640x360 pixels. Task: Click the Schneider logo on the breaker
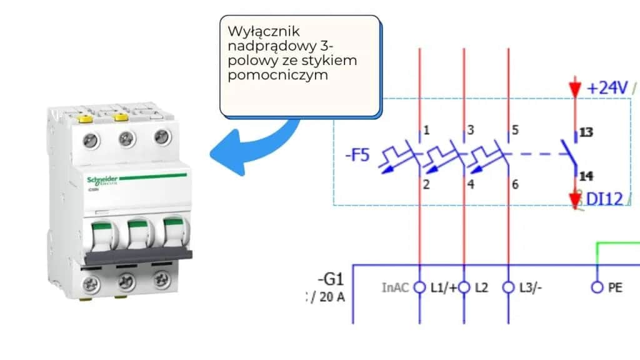pyautogui.click(x=102, y=180)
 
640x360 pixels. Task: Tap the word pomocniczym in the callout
pyautogui.click(x=269, y=75)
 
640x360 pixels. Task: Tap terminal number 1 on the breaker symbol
pyautogui.click(x=426, y=131)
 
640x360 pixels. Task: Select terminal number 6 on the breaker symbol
pyautogui.click(x=514, y=184)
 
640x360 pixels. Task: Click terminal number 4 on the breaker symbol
pyautogui.click(x=470, y=184)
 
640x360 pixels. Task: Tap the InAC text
pyautogui.click(x=396, y=288)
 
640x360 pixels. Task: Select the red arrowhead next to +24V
pyautogui.click(x=574, y=89)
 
